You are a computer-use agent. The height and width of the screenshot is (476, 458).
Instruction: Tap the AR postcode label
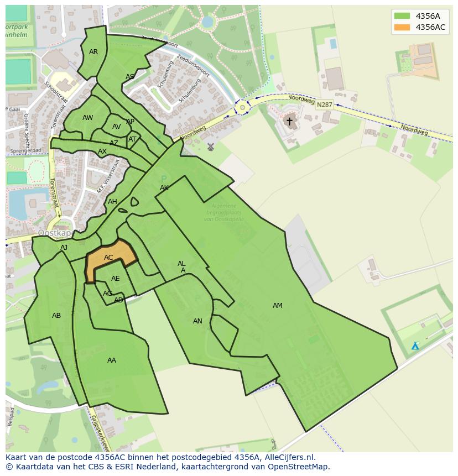(x=93, y=52)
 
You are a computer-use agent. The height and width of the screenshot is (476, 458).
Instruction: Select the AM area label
(x=278, y=306)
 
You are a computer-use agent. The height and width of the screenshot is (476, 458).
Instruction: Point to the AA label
(x=112, y=360)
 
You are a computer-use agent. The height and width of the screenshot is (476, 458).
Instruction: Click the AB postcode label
(x=56, y=316)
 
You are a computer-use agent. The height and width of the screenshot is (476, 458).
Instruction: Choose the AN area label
(x=197, y=321)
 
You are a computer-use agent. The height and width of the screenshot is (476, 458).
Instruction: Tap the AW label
(x=87, y=118)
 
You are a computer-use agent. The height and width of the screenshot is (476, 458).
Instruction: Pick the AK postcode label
(x=164, y=188)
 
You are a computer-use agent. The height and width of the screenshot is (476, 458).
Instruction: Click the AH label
(x=112, y=202)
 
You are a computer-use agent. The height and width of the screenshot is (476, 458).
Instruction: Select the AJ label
(x=64, y=248)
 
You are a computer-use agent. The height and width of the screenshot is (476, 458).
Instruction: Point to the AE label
(x=116, y=279)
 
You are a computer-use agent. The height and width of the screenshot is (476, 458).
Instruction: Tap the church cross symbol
(x=289, y=121)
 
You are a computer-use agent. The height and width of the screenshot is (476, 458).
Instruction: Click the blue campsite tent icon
(x=415, y=346)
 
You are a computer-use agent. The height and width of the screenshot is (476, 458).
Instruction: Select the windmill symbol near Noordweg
(x=210, y=147)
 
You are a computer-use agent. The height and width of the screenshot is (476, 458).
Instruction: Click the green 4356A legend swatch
(x=402, y=16)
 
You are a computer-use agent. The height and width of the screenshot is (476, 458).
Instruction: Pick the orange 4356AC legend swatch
(x=402, y=27)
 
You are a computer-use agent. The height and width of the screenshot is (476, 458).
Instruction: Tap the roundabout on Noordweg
(x=242, y=107)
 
